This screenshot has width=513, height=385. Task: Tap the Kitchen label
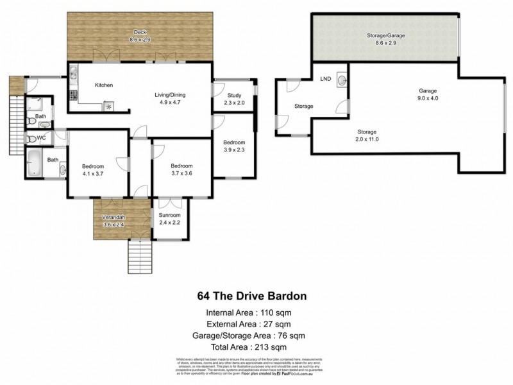click(104, 85)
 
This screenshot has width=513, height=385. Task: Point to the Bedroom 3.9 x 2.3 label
click(234, 146)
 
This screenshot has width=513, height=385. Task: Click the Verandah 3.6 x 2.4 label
click(116, 221)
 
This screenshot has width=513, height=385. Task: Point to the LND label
click(326, 80)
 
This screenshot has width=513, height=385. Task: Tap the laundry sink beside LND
click(342, 81)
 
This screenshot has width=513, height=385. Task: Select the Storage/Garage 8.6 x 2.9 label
click(386, 40)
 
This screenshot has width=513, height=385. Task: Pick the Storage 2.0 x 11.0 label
click(367, 135)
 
